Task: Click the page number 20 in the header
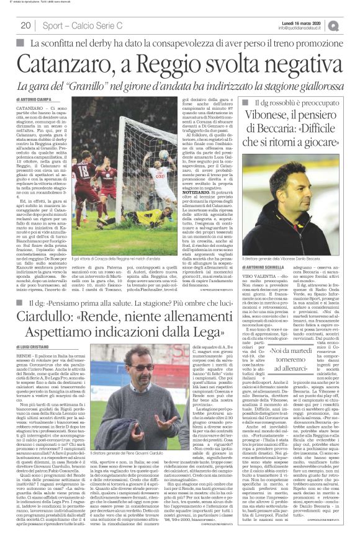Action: [x=25, y=25]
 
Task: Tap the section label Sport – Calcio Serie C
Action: [x=73, y=25]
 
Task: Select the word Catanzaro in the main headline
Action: [x=75, y=64]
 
